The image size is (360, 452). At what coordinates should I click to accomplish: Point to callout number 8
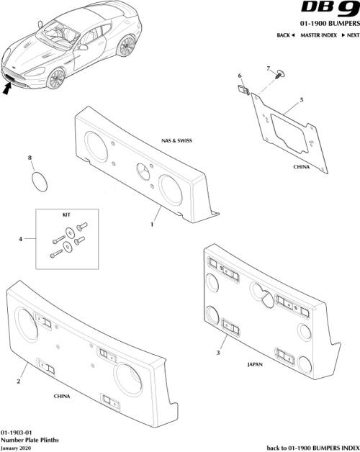point(30,157)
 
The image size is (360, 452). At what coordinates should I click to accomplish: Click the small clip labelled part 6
point(243,91)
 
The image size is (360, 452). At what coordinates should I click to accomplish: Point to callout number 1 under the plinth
point(152,224)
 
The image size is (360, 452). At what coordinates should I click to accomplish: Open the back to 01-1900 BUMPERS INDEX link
point(312,446)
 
